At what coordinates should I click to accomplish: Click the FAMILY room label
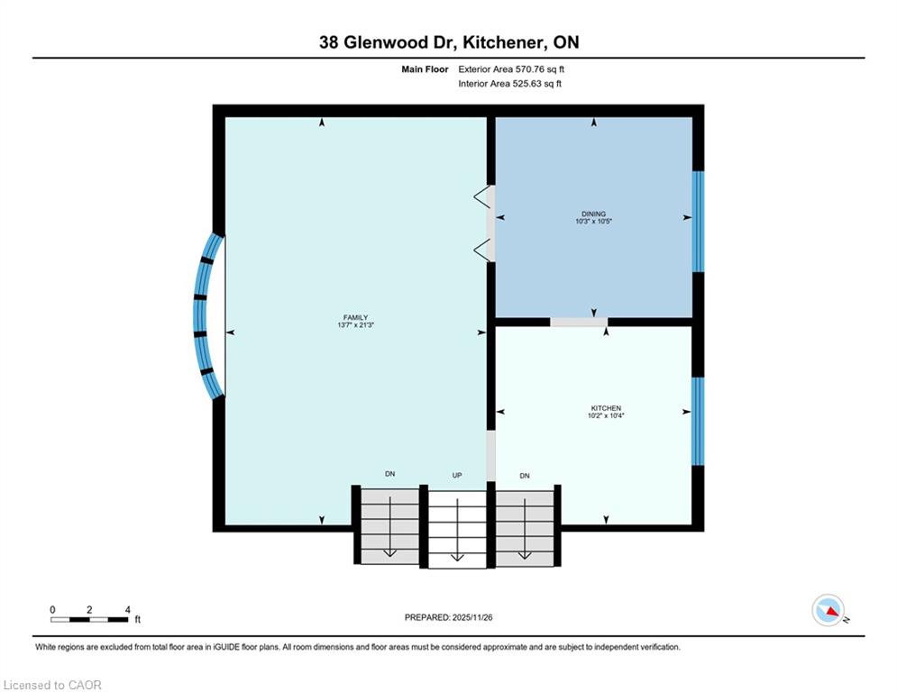click(x=355, y=317)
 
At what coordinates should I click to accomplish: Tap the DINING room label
click(x=593, y=214)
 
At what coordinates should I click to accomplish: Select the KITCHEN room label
click(x=606, y=408)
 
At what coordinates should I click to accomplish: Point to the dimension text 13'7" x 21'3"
click(x=355, y=325)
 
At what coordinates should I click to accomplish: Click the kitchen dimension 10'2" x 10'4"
click(x=606, y=415)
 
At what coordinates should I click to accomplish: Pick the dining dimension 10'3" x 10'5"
click(x=593, y=222)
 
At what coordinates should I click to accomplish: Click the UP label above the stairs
click(x=456, y=475)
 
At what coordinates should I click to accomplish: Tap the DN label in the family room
click(x=389, y=474)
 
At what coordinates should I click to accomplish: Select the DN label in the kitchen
click(x=525, y=476)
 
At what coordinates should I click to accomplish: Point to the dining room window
click(x=698, y=222)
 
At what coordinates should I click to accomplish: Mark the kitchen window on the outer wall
click(x=698, y=422)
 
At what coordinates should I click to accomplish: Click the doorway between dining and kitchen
click(x=579, y=323)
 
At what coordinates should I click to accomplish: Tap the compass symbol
click(x=828, y=610)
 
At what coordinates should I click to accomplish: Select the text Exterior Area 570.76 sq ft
click(x=511, y=69)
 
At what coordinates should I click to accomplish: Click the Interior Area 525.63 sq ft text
click(x=509, y=84)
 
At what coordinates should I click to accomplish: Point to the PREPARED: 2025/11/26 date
click(x=449, y=617)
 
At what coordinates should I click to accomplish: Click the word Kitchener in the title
click(x=503, y=42)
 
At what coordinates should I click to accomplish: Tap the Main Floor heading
click(x=425, y=69)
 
